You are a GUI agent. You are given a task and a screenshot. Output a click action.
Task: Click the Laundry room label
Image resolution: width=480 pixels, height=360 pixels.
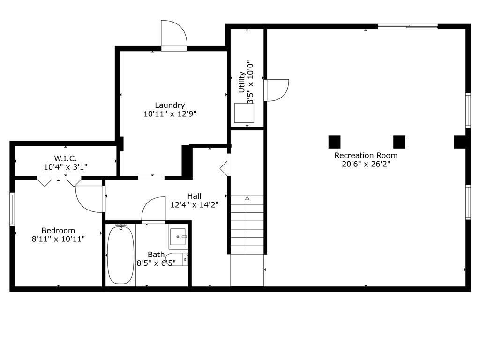170,105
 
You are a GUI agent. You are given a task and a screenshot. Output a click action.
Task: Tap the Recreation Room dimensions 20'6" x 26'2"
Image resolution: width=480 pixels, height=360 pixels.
366,164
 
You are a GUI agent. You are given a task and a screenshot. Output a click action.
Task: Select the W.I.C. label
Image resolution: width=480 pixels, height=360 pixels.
66,158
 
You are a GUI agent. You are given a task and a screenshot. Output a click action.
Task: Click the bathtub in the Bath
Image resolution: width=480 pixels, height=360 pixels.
120,255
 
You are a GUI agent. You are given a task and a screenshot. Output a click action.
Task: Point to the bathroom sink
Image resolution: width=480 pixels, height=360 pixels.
178,237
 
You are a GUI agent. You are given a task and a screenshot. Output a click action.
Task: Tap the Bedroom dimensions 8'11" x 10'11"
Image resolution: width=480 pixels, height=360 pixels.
58,239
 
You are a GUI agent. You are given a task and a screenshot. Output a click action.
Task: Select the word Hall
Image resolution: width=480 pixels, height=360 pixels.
195,196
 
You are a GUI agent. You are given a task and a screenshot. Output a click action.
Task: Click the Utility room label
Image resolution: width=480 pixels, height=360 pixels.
242,82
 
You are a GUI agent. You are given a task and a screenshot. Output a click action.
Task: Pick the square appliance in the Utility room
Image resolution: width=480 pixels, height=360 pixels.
244,113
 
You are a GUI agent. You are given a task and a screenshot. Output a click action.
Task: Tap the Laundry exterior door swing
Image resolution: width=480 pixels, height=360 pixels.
174,33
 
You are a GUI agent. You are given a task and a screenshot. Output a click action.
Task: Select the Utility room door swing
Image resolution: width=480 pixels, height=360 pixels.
277,90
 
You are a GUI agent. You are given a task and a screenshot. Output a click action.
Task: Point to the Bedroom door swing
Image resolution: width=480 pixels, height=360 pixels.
89,199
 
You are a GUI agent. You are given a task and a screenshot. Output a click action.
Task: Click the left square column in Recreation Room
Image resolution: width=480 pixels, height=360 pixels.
334,142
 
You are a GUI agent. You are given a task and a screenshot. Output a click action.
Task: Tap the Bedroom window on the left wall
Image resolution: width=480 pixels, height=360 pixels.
12,209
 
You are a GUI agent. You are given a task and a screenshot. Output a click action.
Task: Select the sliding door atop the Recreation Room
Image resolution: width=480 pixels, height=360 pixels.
408,26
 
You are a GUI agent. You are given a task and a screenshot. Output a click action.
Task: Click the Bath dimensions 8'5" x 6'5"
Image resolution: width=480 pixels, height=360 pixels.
156,263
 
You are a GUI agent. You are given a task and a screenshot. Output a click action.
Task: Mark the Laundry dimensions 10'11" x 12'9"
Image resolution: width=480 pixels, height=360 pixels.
170,114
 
